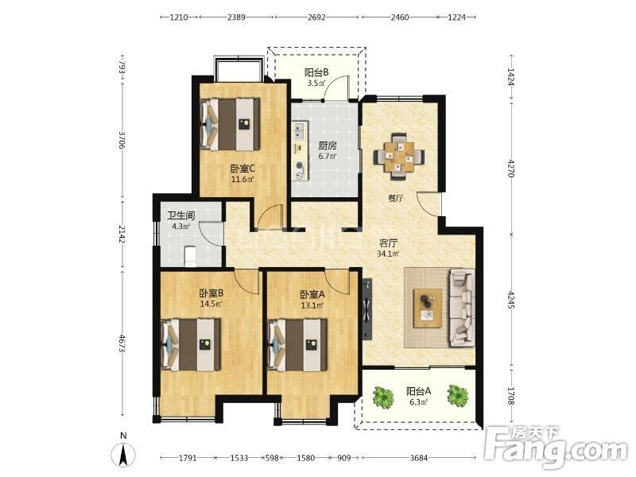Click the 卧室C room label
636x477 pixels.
click(x=242, y=168)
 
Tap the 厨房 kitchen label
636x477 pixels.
click(x=327, y=145)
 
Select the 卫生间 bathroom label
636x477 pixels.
click(x=181, y=215)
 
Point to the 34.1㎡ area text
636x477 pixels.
click(x=388, y=254)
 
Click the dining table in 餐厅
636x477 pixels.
click(x=399, y=156)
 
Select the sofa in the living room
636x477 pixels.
click(x=461, y=308)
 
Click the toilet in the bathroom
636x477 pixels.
click(x=190, y=256)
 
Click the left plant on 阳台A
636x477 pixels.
click(x=383, y=397)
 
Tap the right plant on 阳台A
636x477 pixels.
click(x=458, y=395)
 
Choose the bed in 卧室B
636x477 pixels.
click(x=191, y=345)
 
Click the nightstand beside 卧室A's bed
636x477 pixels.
click(x=311, y=344)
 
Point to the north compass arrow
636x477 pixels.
click(x=123, y=455)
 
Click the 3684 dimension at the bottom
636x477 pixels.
click(x=419, y=458)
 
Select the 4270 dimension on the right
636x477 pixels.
click(x=511, y=168)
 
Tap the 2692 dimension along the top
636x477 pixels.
click(x=316, y=17)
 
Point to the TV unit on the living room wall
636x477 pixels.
click(x=367, y=308)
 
